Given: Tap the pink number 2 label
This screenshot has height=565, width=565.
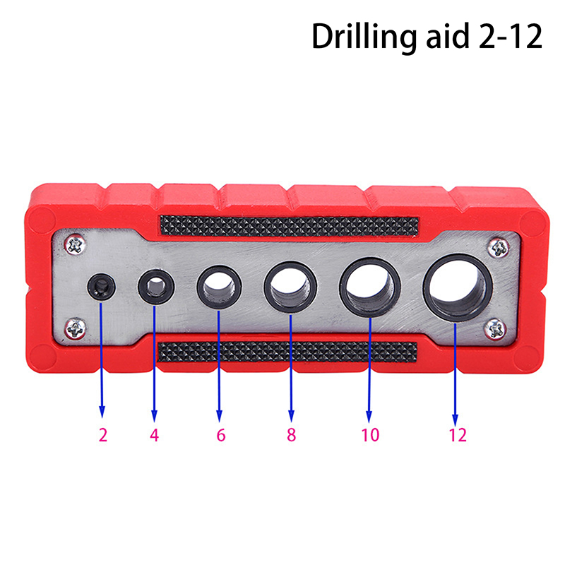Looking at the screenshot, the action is click(103, 435).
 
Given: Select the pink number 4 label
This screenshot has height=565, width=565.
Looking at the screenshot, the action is click(154, 435).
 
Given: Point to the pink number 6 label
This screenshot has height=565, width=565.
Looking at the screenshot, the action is click(220, 435).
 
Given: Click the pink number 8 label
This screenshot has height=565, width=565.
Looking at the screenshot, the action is click(291, 434).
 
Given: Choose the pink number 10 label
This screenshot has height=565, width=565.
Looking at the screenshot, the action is click(370, 434).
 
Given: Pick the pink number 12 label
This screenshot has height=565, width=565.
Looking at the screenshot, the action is click(458, 435).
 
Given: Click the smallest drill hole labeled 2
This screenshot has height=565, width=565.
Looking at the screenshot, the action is click(101, 287).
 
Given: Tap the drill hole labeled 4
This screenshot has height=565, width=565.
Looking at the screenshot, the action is click(156, 287).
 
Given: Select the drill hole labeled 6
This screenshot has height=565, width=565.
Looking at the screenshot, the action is click(219, 287).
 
